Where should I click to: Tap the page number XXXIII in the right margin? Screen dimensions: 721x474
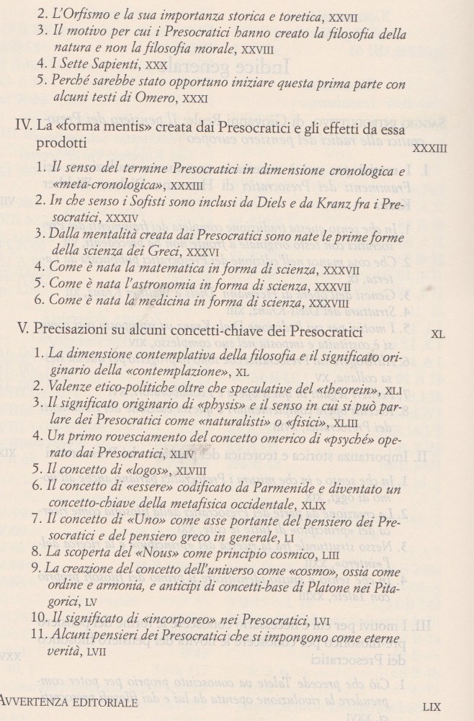click(x=430, y=149)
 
